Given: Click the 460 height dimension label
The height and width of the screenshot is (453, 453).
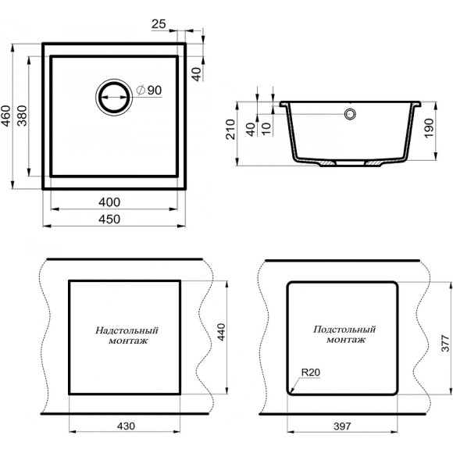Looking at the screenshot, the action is pyautogui.click(x=6, y=116).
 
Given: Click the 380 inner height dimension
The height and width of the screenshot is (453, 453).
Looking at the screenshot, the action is pyautogui.click(x=22, y=116).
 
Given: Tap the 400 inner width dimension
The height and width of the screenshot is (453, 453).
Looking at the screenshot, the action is pyautogui.click(x=109, y=202).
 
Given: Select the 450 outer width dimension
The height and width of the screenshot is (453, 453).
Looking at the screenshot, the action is pyautogui.click(x=109, y=219).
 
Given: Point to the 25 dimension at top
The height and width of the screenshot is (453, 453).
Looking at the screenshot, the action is pyautogui.click(x=159, y=24).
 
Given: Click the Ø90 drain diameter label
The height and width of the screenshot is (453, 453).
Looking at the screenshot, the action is pyautogui.click(x=149, y=91).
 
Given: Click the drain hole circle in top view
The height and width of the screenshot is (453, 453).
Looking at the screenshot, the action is pyautogui.click(x=114, y=97).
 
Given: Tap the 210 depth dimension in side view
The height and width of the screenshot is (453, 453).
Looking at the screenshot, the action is pyautogui.click(x=231, y=130).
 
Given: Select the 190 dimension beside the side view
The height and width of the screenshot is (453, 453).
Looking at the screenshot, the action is pyautogui.click(x=430, y=128).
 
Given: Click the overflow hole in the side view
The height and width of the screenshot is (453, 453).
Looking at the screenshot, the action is pyautogui.click(x=350, y=114).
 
